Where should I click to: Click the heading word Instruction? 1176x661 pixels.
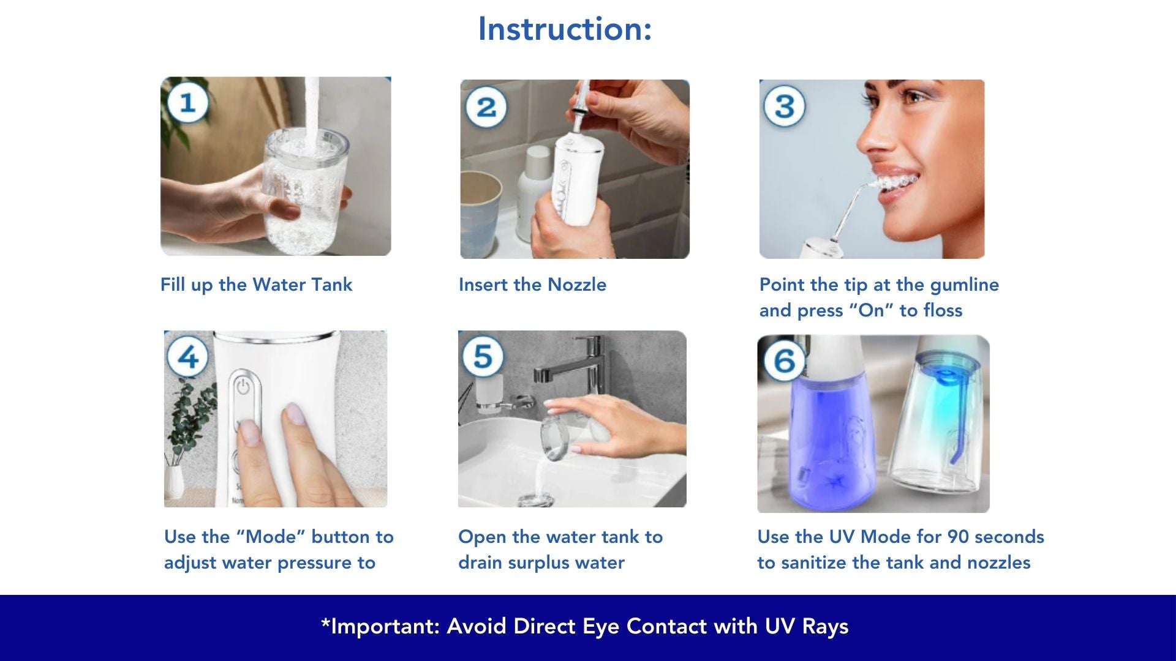(x=565, y=29)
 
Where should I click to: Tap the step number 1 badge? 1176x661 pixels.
(x=187, y=102)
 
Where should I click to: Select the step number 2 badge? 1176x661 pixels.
(x=486, y=108)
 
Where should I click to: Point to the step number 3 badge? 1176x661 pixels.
(x=785, y=106)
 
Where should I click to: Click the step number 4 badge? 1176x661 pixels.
(x=188, y=356)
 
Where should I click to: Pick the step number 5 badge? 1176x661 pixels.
(x=483, y=356)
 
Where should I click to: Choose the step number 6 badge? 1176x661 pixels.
(x=785, y=360)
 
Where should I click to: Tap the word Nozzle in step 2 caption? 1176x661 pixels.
(x=576, y=285)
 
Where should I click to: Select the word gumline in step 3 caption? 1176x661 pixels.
(x=964, y=285)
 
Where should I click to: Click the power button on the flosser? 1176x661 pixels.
(x=244, y=387)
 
